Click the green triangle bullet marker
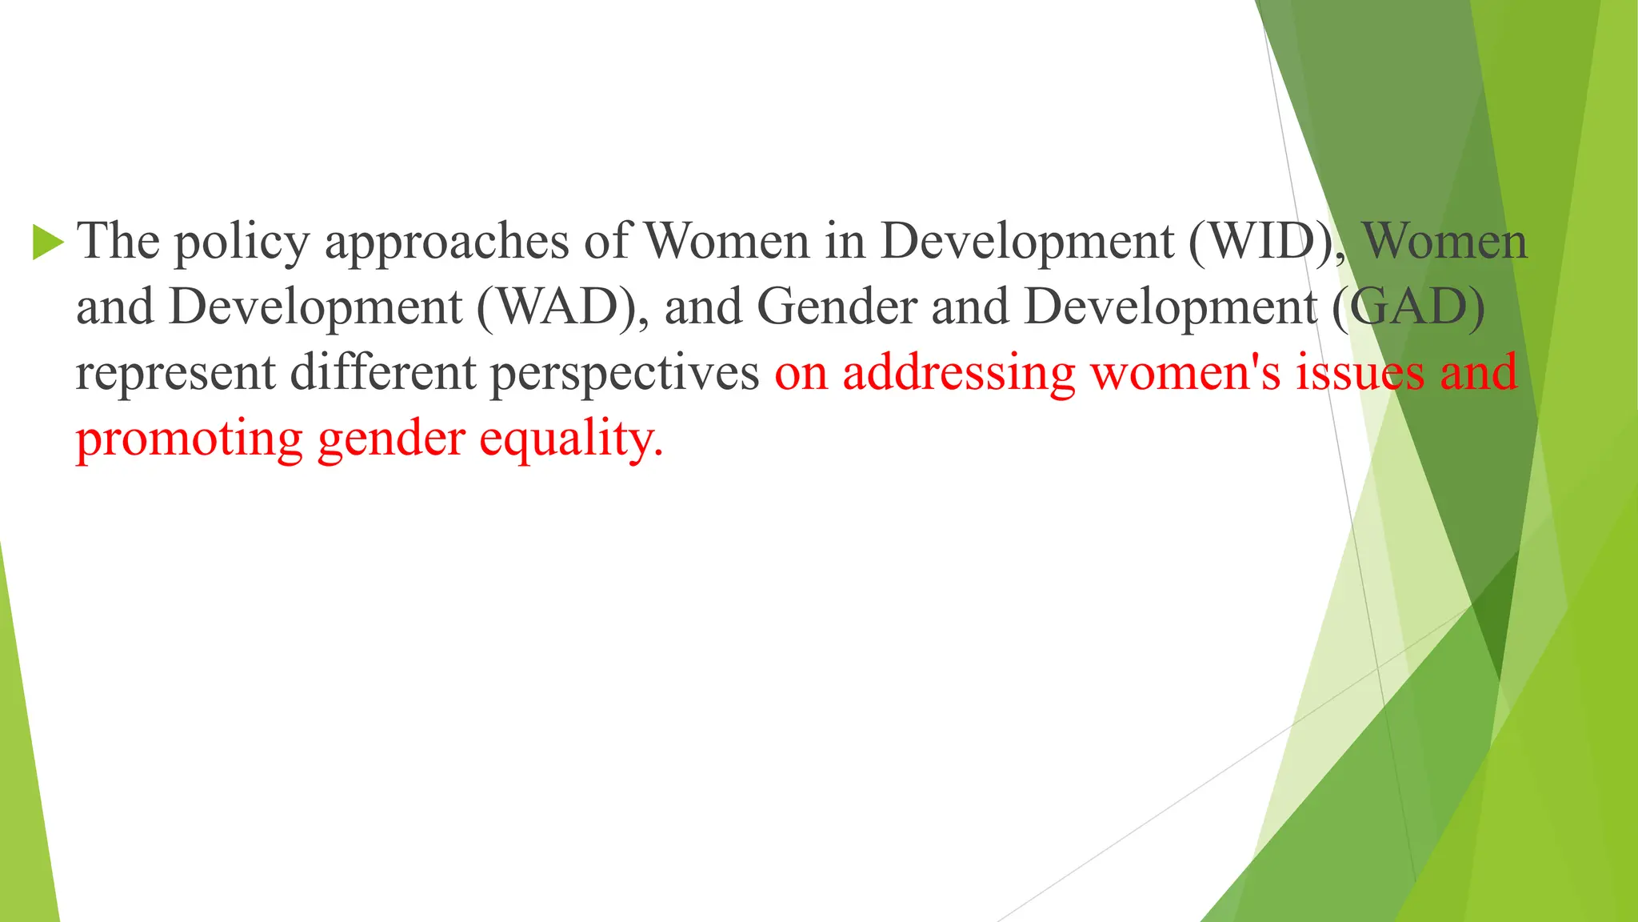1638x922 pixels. (47, 243)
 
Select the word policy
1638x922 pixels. (242, 243)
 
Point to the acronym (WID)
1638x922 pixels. (1265, 241)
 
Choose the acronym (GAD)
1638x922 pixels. (1408, 307)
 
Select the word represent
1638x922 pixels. (175, 374)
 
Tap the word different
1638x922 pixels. (382, 372)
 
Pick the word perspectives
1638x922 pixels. (624, 374)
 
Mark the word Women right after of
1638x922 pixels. (726, 241)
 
